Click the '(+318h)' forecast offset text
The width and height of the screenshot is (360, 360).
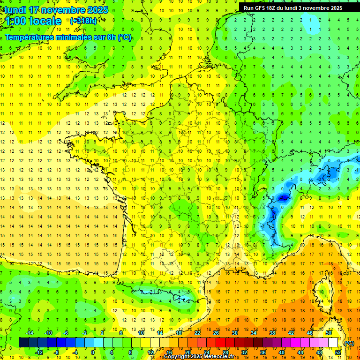click(x=83, y=21)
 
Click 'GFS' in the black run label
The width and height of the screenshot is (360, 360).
click(x=266, y=8)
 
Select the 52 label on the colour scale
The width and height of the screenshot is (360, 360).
click(x=337, y=352)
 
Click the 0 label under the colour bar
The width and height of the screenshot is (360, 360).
click(x=93, y=352)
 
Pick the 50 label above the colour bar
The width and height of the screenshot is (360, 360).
click(x=328, y=333)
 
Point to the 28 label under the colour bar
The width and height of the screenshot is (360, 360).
click(x=225, y=352)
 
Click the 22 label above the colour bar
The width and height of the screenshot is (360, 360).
click(x=197, y=333)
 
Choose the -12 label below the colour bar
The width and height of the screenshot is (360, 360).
click(x=39, y=352)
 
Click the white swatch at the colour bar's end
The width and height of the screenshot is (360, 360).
click(x=333, y=343)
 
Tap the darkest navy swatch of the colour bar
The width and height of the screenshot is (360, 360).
click(x=23, y=343)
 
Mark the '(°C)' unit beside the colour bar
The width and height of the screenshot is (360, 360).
click(x=349, y=343)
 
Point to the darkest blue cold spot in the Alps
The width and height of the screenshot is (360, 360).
click(x=283, y=198)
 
